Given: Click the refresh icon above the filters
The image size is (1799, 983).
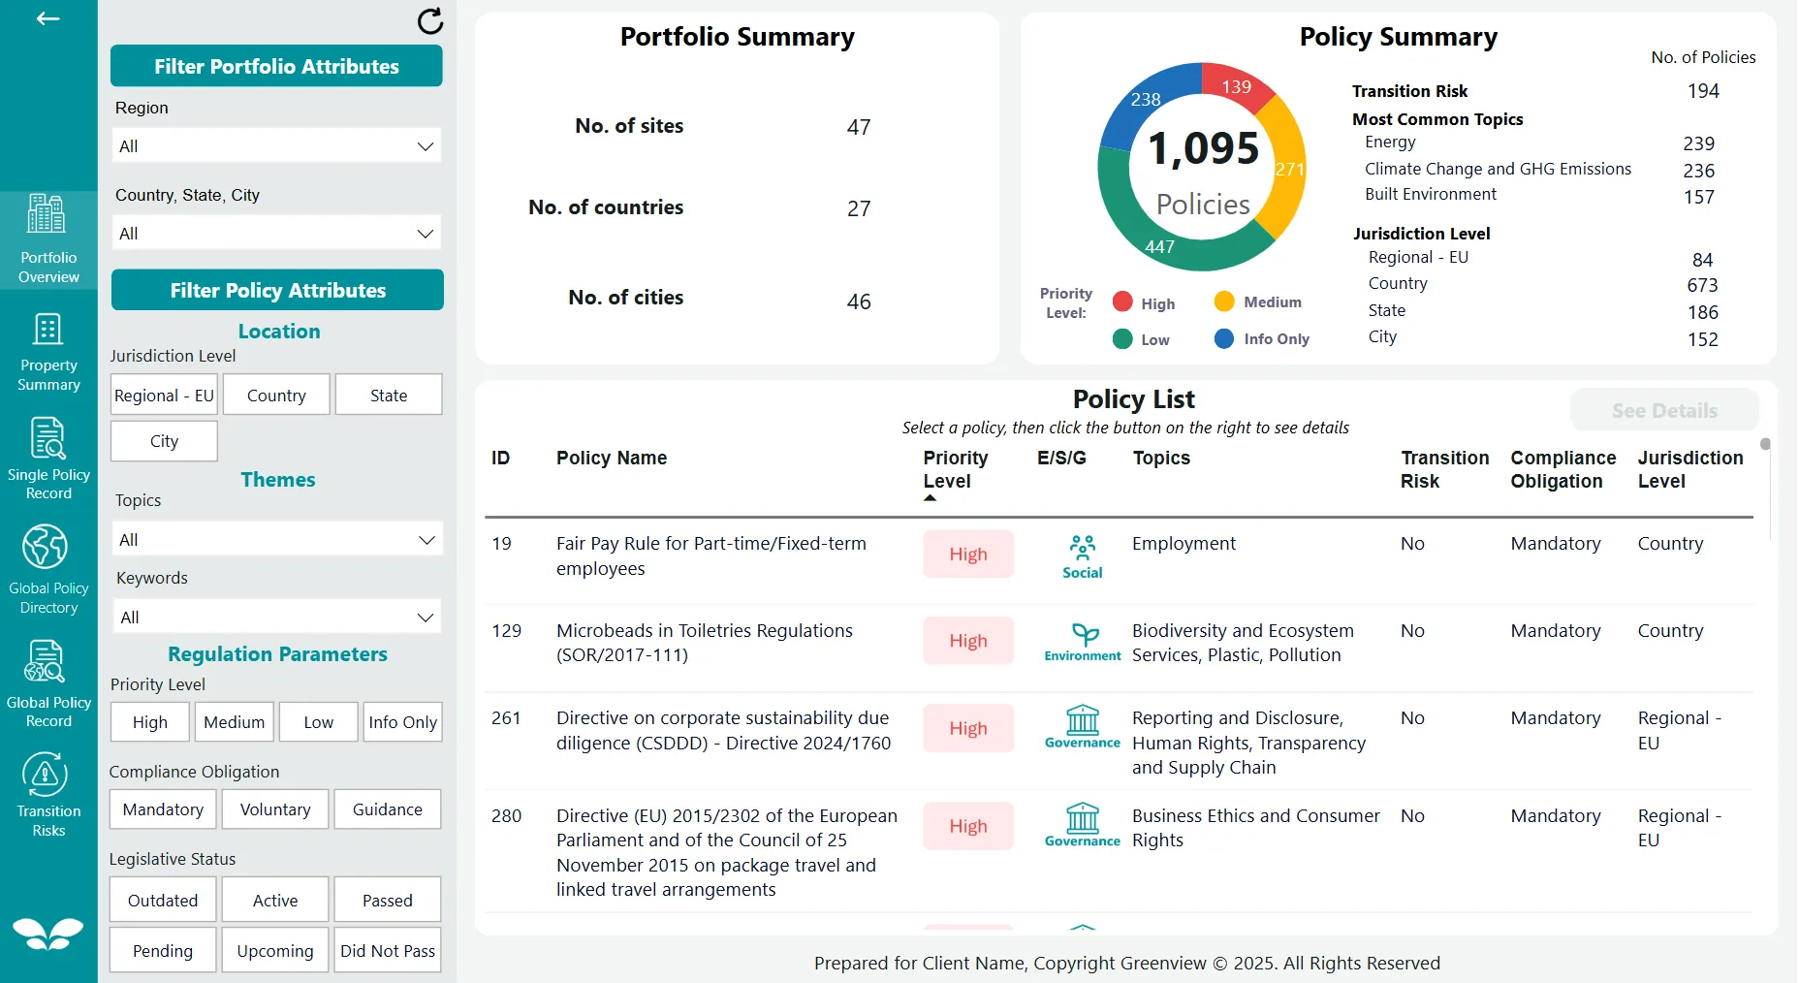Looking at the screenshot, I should (429, 20).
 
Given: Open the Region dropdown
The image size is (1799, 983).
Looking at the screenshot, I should (276, 146).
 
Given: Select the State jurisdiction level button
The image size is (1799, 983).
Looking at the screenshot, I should (389, 396).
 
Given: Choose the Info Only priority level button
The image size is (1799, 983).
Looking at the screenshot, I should (402, 722).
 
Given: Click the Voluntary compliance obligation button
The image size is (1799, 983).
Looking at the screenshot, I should (275, 809).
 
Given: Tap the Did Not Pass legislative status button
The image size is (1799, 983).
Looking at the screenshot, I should (388, 951).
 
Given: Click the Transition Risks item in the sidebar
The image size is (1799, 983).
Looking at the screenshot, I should (48, 795).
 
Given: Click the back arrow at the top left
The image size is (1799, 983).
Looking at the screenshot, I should (47, 18).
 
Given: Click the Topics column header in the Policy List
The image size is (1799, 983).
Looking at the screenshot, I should (1161, 458).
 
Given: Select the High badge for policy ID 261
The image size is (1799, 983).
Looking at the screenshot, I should (967, 729).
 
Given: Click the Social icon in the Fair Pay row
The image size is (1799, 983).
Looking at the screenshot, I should (1082, 556).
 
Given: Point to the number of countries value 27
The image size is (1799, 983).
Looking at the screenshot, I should (858, 208).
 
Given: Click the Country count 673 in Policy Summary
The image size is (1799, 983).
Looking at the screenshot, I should (1701, 285).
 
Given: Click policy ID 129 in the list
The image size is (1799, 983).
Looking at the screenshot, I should (506, 631).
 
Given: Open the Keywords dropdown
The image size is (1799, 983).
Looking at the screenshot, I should (277, 618).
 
